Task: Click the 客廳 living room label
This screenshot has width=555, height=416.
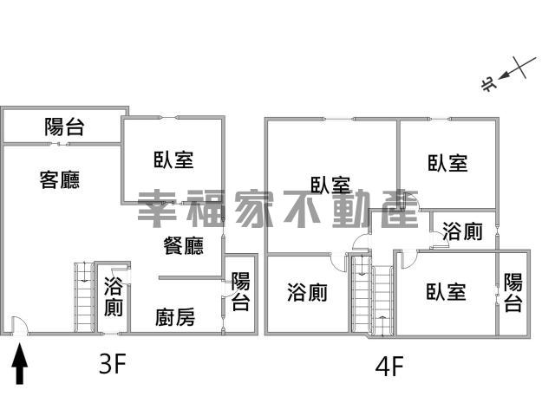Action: click(60, 179)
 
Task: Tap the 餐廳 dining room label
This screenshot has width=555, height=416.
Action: click(183, 245)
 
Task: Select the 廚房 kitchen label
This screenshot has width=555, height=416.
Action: click(175, 317)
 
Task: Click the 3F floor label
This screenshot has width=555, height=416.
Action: click(113, 364)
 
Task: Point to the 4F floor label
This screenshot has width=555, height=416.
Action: click(389, 367)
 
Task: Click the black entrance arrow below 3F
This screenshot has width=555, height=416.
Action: click(20, 364)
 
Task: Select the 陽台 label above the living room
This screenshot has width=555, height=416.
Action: click(64, 127)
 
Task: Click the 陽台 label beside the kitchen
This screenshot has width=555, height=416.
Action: click(241, 291)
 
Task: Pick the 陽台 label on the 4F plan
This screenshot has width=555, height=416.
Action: click(513, 292)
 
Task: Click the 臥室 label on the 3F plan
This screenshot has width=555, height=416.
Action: click(173, 159)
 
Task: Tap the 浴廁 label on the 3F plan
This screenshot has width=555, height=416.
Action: click(114, 296)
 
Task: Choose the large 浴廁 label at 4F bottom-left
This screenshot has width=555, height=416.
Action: click(307, 293)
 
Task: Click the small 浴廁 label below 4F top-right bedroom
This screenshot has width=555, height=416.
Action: click(462, 231)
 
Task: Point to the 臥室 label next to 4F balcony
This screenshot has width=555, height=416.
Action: click(446, 292)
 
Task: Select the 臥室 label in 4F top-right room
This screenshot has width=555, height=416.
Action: click(447, 163)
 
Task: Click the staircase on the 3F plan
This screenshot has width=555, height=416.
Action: click(84, 297)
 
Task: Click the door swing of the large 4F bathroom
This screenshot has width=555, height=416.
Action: click(338, 263)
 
